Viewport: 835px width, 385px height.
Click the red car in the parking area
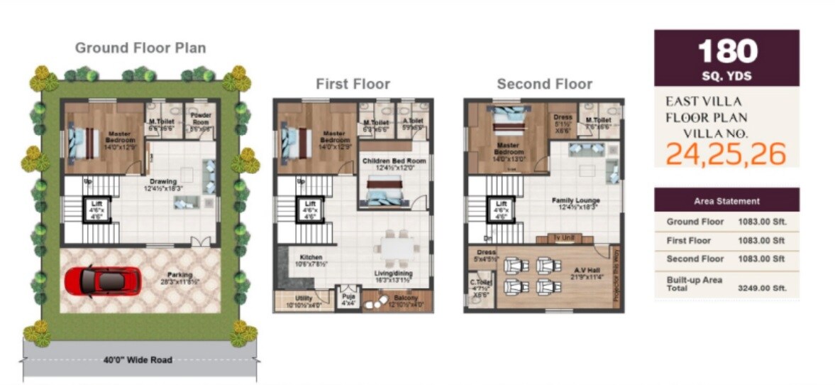point(99,281)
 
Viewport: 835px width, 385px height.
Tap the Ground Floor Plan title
point(140,48)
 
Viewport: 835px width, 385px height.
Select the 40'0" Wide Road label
point(139,359)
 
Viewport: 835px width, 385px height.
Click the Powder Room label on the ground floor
point(201,117)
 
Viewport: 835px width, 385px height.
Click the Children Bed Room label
point(394,162)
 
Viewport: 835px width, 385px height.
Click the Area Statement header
point(726,201)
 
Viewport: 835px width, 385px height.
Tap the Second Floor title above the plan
point(544,84)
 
